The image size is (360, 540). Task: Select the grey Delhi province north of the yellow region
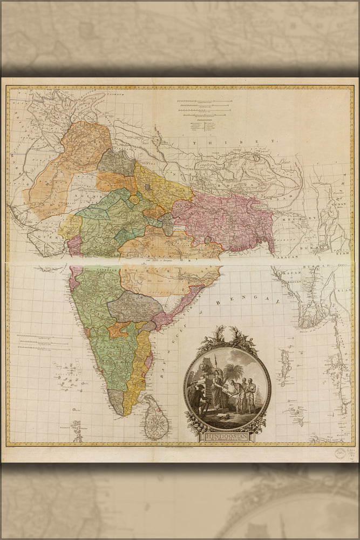coord(116,162)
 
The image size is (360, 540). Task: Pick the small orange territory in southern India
coord(119,330)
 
